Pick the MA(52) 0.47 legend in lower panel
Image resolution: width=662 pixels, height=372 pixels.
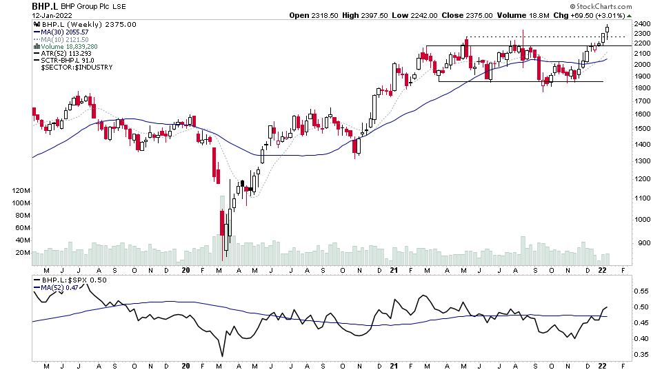[58, 287]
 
